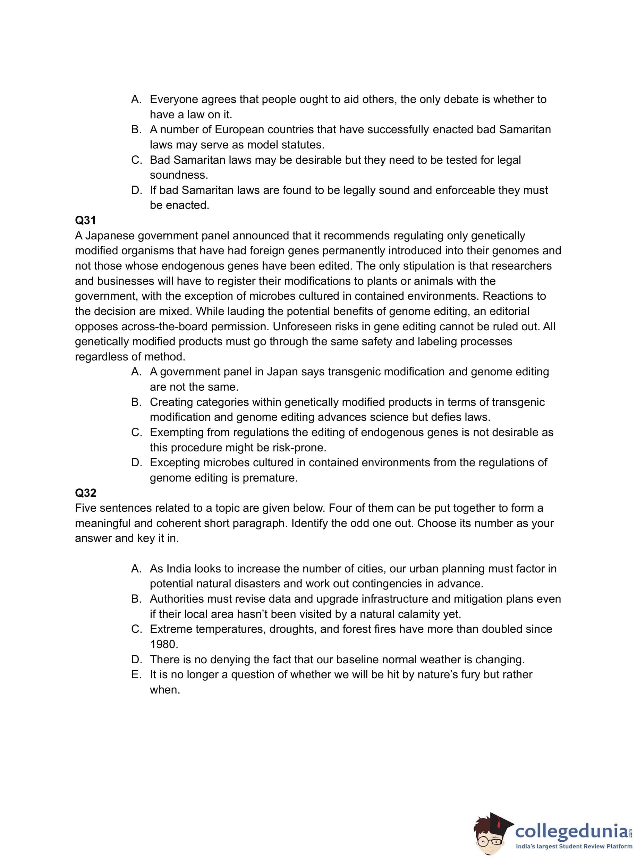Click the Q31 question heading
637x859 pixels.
pyautogui.click(x=85, y=220)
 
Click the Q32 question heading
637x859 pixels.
pyautogui.click(x=85, y=493)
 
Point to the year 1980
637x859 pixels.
pyautogui.click(x=163, y=644)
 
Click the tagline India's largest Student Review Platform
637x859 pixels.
pyautogui.click(x=574, y=847)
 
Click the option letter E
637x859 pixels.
pyautogui.click(x=136, y=675)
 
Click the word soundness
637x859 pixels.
pyautogui.click(x=179, y=175)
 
